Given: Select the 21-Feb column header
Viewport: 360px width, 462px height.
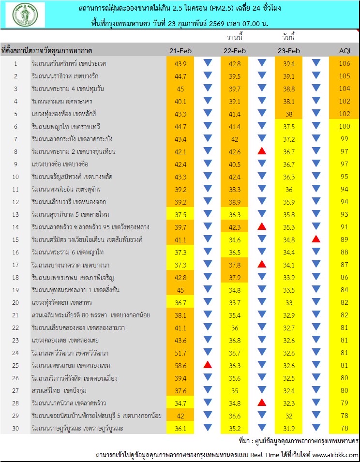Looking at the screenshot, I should [180, 51].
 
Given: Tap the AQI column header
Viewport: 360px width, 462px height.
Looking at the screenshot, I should [344, 51].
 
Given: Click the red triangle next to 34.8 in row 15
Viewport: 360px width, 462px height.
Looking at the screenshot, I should [316, 239].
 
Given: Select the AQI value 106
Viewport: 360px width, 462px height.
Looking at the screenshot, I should [344, 63].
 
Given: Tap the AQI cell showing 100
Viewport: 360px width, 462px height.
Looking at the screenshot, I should [344, 126].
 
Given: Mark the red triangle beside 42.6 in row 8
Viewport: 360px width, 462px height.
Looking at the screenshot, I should [262, 151].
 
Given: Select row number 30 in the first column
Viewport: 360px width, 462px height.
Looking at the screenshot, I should [15, 428].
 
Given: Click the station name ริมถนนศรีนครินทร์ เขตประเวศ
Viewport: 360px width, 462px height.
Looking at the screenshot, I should [68, 63].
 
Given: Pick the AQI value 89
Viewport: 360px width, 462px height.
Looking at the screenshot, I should [344, 239].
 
